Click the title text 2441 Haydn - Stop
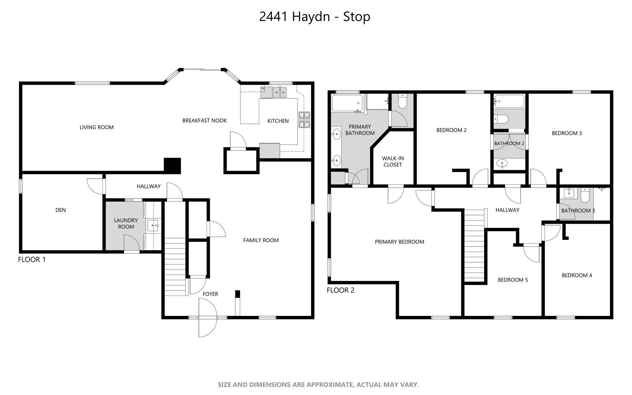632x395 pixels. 314,17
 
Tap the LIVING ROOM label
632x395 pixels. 96,127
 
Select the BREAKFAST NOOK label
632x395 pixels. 204,120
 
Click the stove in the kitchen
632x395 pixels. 304,120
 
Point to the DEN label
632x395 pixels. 61,210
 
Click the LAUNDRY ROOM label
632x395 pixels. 126,223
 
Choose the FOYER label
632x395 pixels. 210,294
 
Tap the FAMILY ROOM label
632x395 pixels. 261,240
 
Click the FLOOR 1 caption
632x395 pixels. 32,260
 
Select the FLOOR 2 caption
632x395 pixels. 340,290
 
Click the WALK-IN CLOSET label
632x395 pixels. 393,161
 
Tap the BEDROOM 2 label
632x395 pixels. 451,130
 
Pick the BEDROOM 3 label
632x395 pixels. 567,133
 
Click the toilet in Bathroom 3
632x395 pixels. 585,195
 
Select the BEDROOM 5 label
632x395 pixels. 512,280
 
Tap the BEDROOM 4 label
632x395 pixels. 577,275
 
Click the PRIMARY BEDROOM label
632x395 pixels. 400,242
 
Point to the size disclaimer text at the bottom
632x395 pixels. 318,385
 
